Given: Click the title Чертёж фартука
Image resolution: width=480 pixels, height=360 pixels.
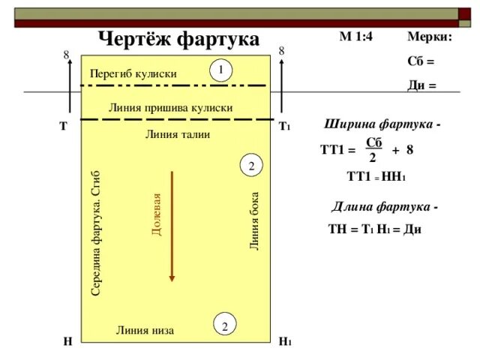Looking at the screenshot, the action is tap(179, 38).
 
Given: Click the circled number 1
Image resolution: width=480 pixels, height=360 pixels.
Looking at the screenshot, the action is tap(221, 70).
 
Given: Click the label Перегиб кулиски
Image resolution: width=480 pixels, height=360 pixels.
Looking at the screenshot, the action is tap(133, 74).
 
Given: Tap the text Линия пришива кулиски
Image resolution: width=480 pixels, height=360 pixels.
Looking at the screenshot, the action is tap(170, 108).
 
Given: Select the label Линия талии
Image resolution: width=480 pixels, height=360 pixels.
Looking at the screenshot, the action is tap(177, 134).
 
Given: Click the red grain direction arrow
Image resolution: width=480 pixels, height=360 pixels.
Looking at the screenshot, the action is tap(172, 226).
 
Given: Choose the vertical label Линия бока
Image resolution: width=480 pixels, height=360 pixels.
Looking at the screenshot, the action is tap(255, 221).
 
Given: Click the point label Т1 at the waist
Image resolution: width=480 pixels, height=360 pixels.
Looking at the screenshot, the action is tap(284, 127).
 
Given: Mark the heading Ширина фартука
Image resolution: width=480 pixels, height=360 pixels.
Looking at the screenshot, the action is tap(381, 124).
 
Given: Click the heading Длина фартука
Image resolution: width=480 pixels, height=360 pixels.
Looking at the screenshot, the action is tap(385, 206).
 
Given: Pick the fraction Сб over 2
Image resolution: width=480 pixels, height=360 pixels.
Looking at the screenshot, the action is tap(373, 150).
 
